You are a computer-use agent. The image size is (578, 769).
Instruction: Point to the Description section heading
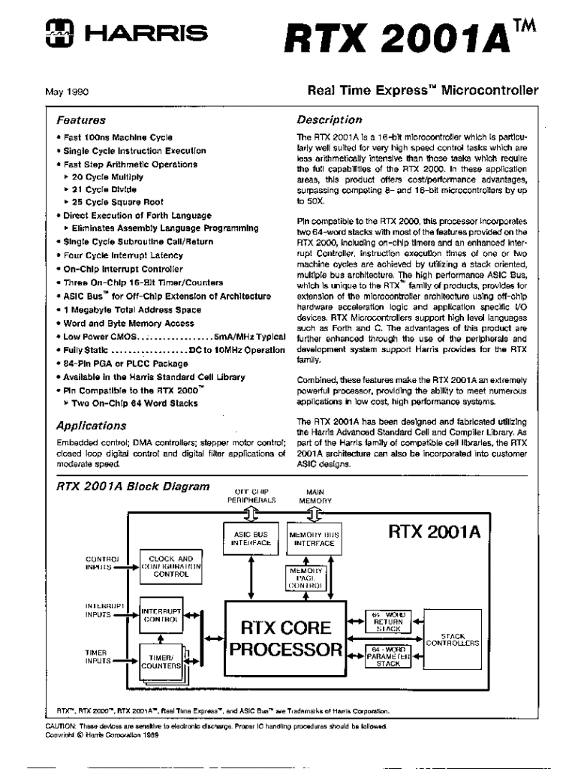(x=329, y=120)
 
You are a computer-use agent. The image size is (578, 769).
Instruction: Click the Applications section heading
(x=91, y=426)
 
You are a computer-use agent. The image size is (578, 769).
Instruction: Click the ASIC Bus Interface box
(x=251, y=538)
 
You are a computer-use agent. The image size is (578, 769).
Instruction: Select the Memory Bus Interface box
(x=315, y=538)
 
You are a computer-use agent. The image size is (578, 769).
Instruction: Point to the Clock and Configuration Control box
(x=171, y=566)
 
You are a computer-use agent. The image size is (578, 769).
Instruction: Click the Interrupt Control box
(x=161, y=616)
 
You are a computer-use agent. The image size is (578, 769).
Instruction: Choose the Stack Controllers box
(x=453, y=640)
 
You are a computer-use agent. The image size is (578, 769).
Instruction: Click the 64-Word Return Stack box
(x=388, y=621)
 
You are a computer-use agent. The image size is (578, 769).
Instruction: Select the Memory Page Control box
(x=305, y=578)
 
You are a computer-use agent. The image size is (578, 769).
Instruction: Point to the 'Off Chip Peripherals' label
(x=251, y=495)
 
